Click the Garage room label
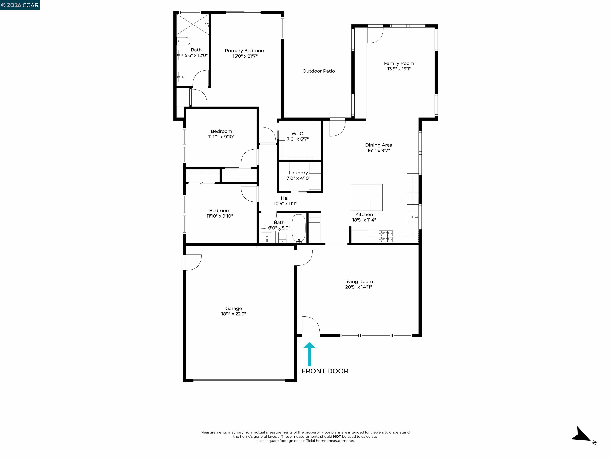234,308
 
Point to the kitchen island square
366,197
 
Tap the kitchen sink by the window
413,217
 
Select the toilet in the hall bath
282,236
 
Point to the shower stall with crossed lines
193,24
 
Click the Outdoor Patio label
318,71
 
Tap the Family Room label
399,63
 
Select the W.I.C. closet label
298,134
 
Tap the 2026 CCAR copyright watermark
20,5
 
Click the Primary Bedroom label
245,51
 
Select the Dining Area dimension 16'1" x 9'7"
378,151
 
